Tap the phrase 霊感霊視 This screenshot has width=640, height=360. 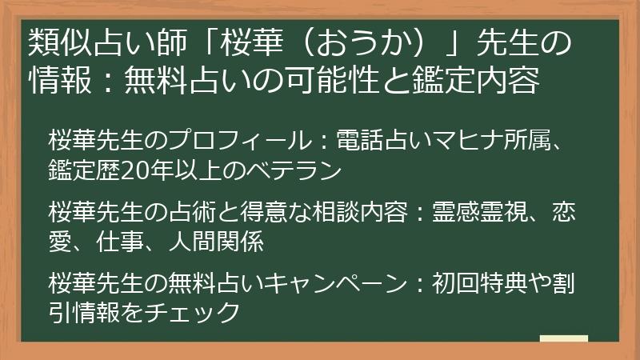tap(473, 212)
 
